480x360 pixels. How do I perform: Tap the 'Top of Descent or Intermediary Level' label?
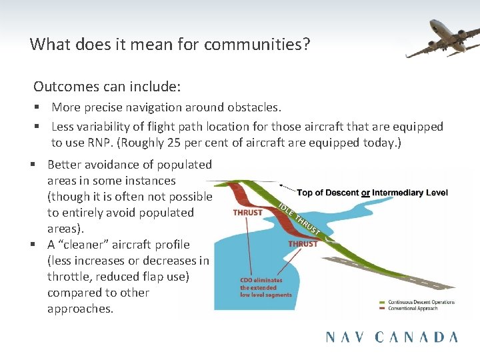click(x=372, y=193)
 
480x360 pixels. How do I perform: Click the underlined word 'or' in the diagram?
click(x=366, y=193)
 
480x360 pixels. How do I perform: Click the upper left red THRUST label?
click(x=247, y=213)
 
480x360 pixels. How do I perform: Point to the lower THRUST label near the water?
click(x=303, y=245)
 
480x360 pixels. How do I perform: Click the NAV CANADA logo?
click(x=391, y=337)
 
